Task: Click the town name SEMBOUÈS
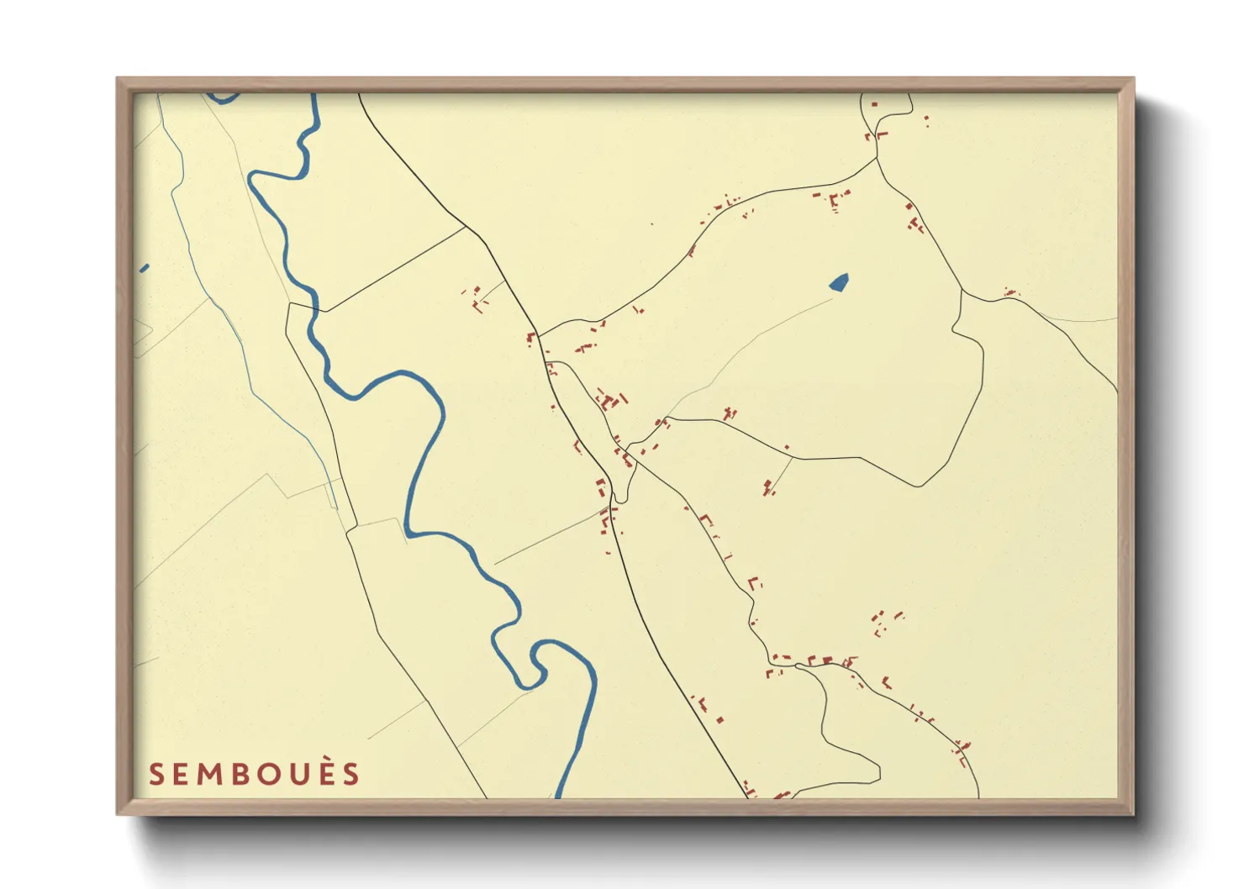coord(254,774)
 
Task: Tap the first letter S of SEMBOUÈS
coord(155,775)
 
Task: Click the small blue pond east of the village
coord(839,282)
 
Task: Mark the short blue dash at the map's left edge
coord(144,269)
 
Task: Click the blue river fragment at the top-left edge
coord(222,97)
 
